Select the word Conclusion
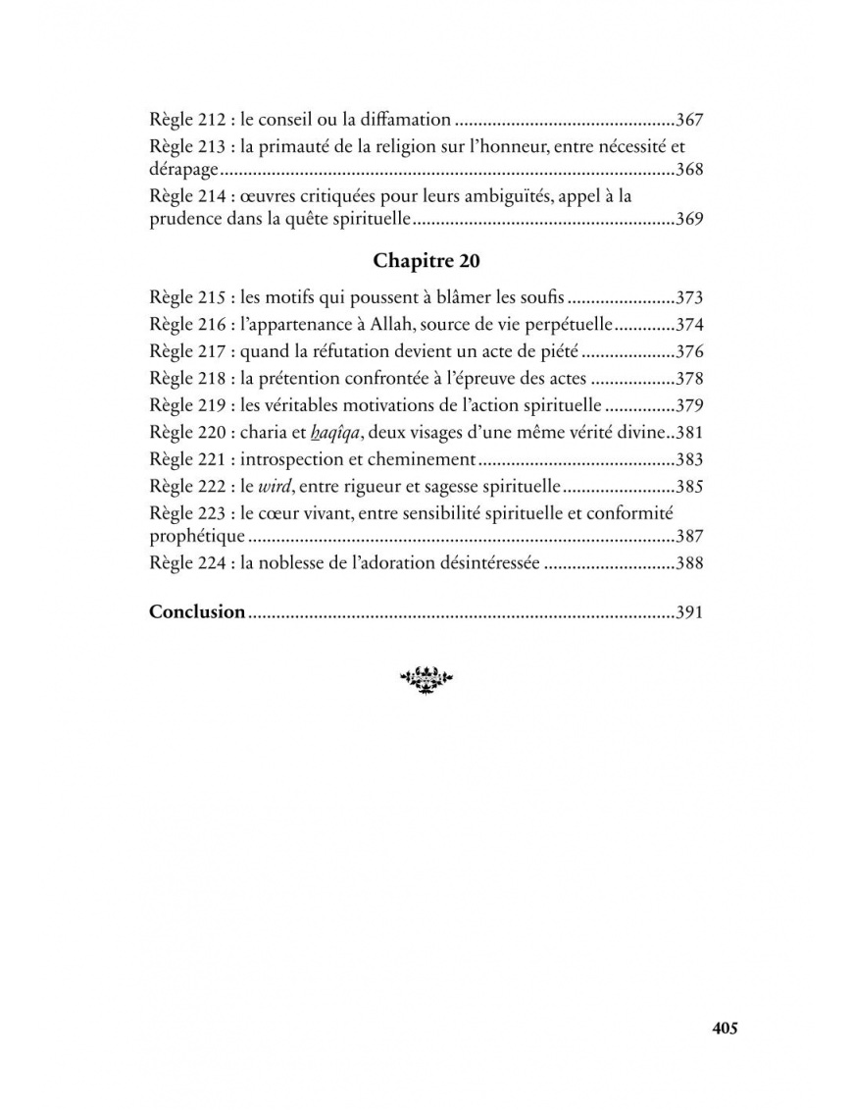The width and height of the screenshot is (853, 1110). pos(197,611)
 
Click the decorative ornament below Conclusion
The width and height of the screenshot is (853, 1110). pos(426,677)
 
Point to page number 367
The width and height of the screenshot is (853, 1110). pos(690,121)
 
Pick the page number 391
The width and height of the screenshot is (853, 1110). pos(690,612)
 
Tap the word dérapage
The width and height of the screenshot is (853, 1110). pos(183,170)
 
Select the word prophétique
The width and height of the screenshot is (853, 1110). pos(196,537)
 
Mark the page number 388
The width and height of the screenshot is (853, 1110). pos(690,564)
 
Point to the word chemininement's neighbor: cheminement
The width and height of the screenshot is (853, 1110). pos(425,458)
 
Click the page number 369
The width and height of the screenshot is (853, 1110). pos(690,220)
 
